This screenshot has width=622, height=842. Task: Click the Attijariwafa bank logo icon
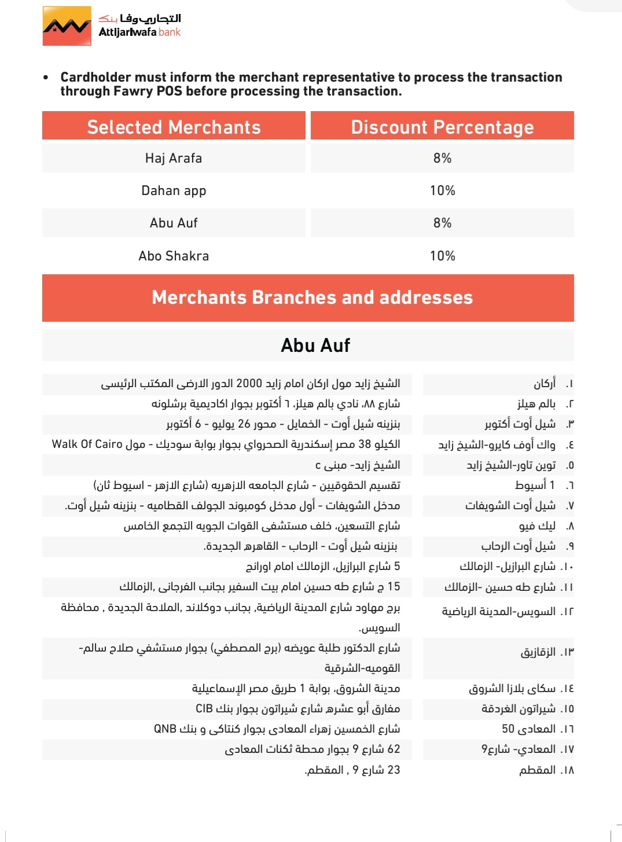(x=67, y=26)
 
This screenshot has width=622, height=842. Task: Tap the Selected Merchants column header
(x=174, y=127)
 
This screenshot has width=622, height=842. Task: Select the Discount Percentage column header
(x=442, y=127)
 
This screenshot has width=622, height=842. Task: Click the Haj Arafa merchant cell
(x=174, y=158)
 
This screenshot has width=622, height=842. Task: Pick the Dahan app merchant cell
(x=174, y=190)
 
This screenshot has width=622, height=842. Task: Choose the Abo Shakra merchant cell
(x=174, y=256)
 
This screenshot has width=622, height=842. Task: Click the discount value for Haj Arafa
(x=442, y=158)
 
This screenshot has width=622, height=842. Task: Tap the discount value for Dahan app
(x=442, y=190)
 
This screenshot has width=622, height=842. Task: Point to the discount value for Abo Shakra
(x=442, y=256)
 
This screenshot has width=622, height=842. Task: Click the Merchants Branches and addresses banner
(x=312, y=297)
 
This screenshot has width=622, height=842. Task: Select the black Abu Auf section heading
(x=315, y=345)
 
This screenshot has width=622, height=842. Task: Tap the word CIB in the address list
(x=204, y=709)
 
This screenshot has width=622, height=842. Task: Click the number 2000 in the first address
(x=249, y=384)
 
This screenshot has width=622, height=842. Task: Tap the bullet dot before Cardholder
(x=46, y=78)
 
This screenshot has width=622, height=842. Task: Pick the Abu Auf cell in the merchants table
(x=174, y=223)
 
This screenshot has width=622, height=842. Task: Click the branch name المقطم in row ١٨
(x=538, y=770)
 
